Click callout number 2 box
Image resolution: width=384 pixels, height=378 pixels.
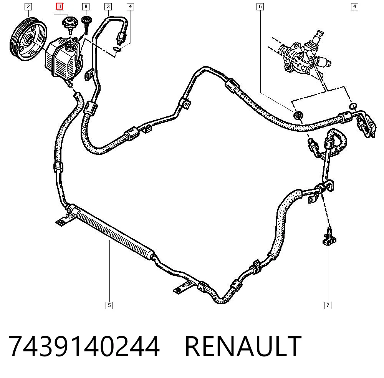point(28,7)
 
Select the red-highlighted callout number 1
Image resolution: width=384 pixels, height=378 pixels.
point(60,7)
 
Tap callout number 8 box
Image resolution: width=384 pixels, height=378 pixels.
point(86,7)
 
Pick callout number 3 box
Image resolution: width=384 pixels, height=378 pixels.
point(108,7)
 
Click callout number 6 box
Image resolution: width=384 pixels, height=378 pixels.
point(260,7)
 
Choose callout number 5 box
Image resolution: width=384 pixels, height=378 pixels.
point(109,305)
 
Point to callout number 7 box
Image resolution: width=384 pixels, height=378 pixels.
point(328,305)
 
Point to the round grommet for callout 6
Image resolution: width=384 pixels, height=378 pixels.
point(298,115)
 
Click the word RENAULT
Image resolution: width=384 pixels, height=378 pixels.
point(243,346)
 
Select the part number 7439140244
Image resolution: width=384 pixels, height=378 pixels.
point(84,346)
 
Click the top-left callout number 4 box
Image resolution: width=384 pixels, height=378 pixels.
point(130,7)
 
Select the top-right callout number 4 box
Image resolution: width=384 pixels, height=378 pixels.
point(354,7)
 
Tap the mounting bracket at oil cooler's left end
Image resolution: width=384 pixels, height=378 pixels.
point(63,220)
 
